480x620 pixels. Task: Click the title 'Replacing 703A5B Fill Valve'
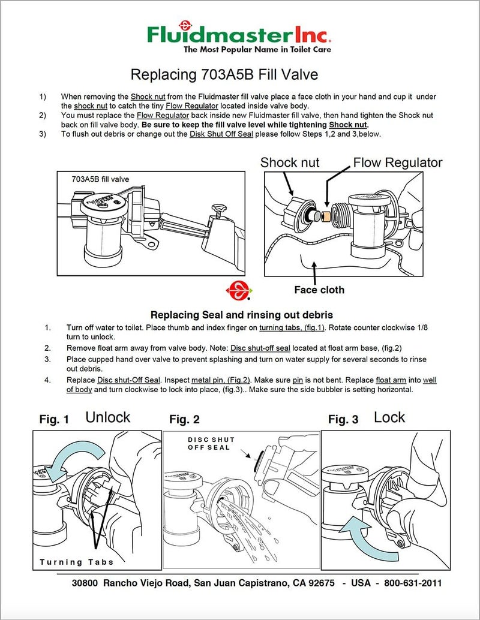224,75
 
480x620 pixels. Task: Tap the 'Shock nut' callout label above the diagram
290,162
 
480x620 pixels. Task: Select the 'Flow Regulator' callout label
397,162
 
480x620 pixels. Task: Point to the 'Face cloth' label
319,290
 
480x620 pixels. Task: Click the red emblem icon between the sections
239,290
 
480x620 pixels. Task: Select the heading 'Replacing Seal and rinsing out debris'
241,315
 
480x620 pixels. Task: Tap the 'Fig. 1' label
54,420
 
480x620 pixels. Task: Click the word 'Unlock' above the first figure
107,417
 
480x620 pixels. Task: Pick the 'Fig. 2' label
184,420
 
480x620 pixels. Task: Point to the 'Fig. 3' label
343,420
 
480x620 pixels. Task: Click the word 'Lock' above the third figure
389,417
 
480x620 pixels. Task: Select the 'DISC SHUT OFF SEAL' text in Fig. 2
211,444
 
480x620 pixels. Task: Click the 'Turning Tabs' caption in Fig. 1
76,562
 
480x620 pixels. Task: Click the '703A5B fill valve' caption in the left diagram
100,179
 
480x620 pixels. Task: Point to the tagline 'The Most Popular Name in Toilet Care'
257,50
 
